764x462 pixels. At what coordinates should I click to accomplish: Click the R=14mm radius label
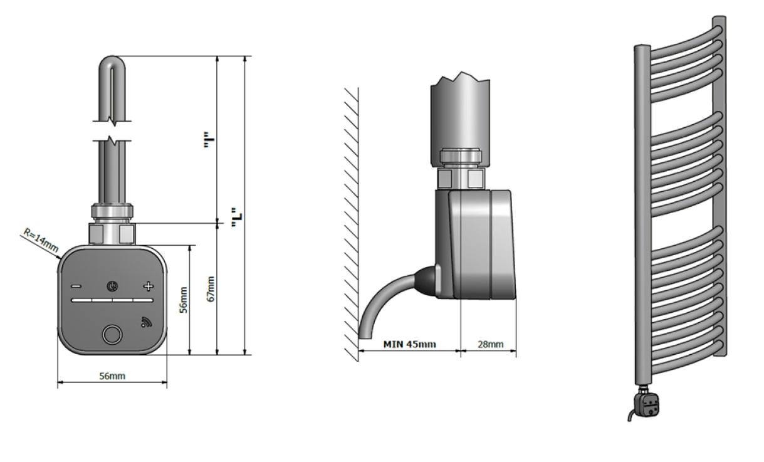click(x=41, y=240)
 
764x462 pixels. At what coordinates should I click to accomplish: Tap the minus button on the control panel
click(x=76, y=286)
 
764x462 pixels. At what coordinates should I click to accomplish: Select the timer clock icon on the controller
click(x=112, y=286)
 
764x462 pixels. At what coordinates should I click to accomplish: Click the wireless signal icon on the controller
click(x=146, y=322)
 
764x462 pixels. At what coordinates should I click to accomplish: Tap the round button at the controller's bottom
click(x=112, y=335)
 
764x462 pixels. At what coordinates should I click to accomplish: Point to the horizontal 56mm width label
click(x=112, y=376)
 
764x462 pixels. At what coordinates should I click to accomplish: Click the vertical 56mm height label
click(x=184, y=300)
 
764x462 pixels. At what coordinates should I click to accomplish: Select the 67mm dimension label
click(x=211, y=289)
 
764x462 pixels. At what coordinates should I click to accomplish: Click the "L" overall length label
click(x=236, y=218)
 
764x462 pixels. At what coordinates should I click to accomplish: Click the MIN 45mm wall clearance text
click(x=409, y=344)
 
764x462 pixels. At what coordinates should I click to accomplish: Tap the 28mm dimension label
click(x=491, y=344)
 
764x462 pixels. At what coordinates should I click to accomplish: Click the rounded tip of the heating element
click(x=112, y=61)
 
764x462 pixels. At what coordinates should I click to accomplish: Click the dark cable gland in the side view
click(x=425, y=281)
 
